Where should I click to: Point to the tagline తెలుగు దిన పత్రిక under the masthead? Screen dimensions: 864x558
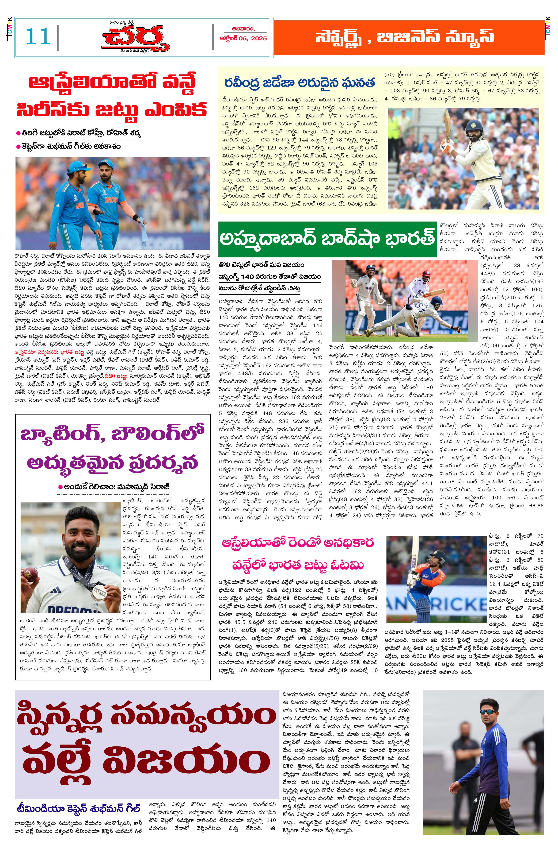coord(135,51)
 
